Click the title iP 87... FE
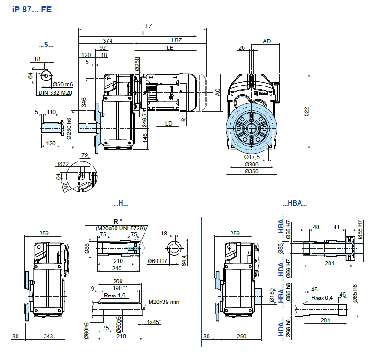pos(32,10)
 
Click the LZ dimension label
pos(149,26)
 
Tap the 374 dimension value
pos(108,40)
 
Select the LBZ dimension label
pos(177,40)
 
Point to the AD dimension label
pos(266,41)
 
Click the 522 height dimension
pos(306,112)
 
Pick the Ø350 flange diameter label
pos(252,171)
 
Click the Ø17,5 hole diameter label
pos(252,157)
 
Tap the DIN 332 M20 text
pos(55,93)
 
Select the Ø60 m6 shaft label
pos(63,85)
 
